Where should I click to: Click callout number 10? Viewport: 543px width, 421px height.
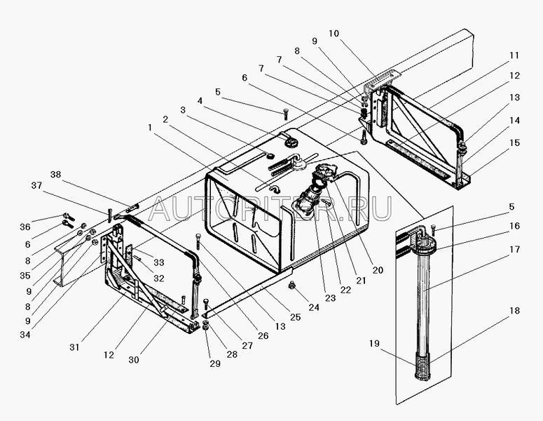pos(334,33)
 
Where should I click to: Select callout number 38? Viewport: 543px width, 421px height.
pos(55,174)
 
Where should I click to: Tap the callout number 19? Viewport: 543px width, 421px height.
pos(374,343)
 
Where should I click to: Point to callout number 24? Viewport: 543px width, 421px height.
pos(314,307)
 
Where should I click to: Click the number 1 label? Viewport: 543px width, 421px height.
pos(150,128)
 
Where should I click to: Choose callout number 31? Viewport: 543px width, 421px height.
pos(74,347)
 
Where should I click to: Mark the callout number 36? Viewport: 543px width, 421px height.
pos(25,227)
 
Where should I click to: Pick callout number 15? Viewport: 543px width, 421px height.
pos(514,142)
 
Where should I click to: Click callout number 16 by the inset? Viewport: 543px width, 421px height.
pos(514,226)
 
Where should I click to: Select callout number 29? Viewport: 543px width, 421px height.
pos(214,363)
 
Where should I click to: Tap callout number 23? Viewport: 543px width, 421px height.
pos(330,298)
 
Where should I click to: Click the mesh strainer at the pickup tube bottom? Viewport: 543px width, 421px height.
pos(422,367)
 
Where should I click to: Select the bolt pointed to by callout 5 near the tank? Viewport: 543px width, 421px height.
pos(286,114)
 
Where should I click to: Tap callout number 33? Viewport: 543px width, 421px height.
pos(158,262)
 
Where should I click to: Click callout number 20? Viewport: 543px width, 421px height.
pos(378,270)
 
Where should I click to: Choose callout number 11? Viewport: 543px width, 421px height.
pos(514,55)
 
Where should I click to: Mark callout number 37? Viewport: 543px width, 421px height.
pos(36,185)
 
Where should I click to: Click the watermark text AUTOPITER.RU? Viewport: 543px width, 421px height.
pos(270,208)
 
